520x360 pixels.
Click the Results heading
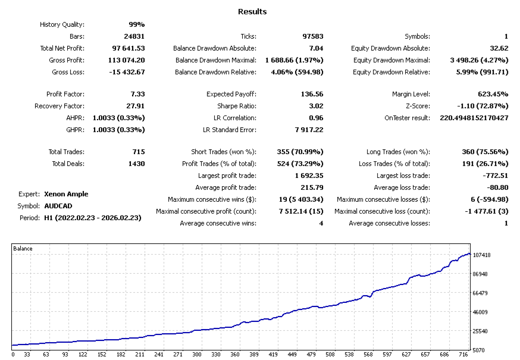pos(252,11)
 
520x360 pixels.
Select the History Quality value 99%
pos(137,24)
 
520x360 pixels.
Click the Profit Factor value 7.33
pos(137,94)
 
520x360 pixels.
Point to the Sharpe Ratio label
pos(237,106)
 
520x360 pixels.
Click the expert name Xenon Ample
pos(66,194)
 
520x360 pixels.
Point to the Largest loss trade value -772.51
pos(495,176)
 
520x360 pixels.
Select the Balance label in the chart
pos(23,249)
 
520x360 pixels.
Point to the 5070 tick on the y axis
pos(479,350)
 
